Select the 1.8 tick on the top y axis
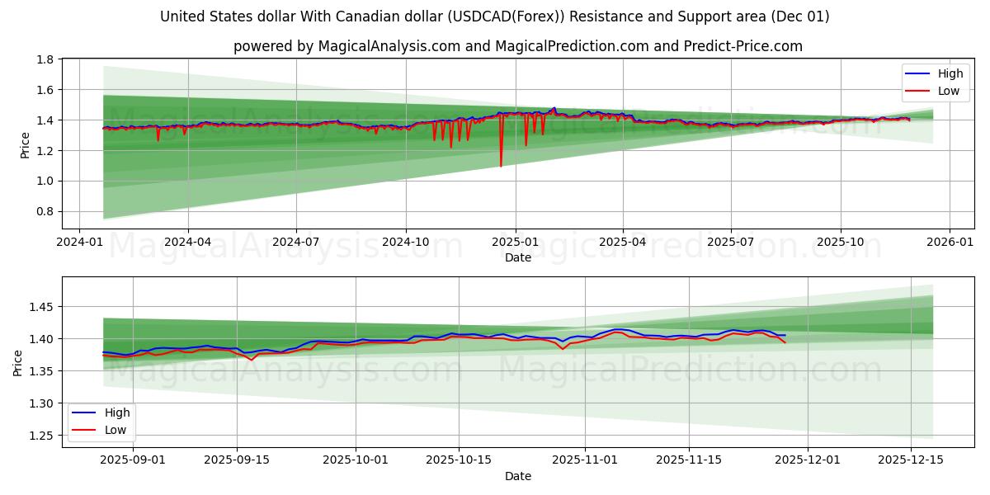click(x=45, y=59)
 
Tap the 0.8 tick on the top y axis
click(x=45, y=211)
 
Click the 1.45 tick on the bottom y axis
click(x=41, y=307)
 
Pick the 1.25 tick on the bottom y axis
click(x=41, y=436)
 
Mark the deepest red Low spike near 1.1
click(x=501, y=166)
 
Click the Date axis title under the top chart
click(x=518, y=257)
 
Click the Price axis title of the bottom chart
click(x=18, y=362)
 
